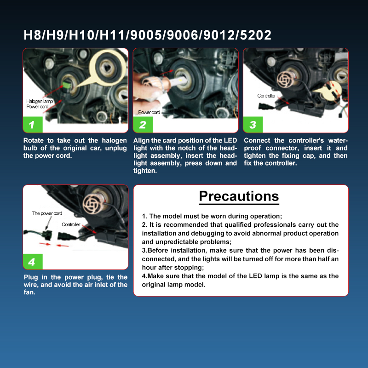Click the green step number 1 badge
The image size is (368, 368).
click(33, 125)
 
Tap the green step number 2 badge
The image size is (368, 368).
click(143, 125)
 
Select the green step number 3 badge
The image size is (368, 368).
click(253, 125)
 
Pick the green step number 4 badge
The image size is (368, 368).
click(33, 262)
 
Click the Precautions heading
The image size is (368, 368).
click(239, 196)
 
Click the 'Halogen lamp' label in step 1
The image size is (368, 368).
click(40, 101)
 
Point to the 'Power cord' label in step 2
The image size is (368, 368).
click(149, 112)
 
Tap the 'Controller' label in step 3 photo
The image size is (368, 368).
click(266, 96)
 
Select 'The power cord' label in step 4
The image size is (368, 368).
click(47, 213)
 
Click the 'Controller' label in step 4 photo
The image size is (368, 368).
click(71, 224)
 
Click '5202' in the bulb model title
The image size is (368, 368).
click(256, 35)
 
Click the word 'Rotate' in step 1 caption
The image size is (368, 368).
click(34, 140)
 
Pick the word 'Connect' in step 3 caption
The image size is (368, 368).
click(257, 140)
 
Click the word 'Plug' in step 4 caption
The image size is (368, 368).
click(31, 277)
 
